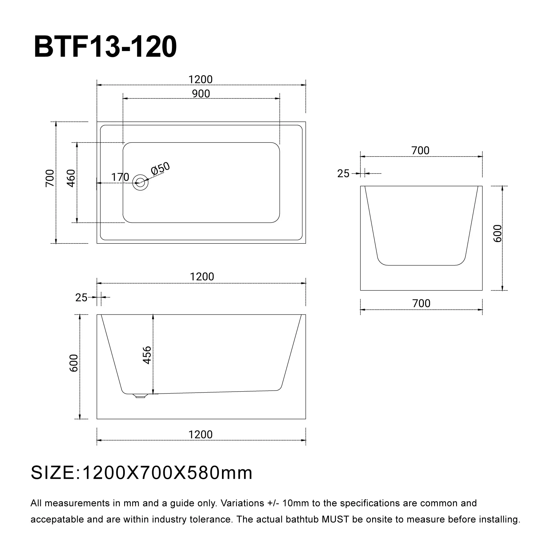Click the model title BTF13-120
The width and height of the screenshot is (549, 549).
point(105,47)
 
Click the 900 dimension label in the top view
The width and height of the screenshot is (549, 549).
point(201,94)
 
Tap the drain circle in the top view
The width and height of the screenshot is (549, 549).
point(140,182)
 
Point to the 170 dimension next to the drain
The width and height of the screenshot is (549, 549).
point(120,177)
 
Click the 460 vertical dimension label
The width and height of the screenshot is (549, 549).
point(71,178)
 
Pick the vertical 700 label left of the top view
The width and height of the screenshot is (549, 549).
point(50,178)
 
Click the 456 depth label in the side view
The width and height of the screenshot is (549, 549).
point(147,355)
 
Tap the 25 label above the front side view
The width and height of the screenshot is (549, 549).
point(81,298)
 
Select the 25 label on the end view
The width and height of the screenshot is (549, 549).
point(343,174)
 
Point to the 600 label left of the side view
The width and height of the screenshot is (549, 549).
point(74,363)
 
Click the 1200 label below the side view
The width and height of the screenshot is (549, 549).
point(201,434)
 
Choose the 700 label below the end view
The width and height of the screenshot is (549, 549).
point(421,303)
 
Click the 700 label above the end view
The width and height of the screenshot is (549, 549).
point(421,151)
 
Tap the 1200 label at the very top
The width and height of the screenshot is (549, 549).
point(201,79)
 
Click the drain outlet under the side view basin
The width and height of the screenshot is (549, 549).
point(140,396)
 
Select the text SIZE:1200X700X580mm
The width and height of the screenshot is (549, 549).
point(142,473)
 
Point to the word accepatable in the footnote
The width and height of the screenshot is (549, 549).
point(57,519)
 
